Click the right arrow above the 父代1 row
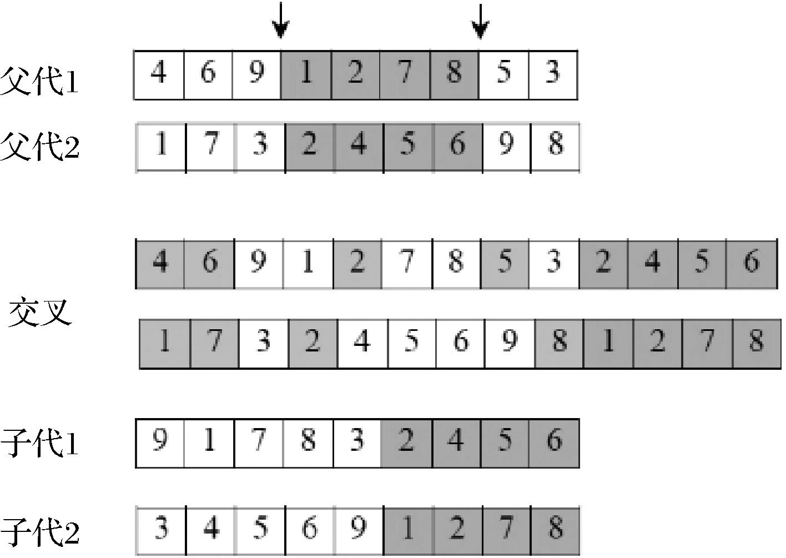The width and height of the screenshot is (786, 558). pos(480,21)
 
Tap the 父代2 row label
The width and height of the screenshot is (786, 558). pos(39,147)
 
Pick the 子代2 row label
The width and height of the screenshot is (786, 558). pos(39,532)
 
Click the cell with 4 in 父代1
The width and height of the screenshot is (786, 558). pos(159,75)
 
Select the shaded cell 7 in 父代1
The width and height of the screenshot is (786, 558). pos(405,75)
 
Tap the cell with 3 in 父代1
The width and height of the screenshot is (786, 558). pos(553,75)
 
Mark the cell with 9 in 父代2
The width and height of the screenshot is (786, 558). pos(507,147)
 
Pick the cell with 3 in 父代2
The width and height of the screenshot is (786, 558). pos(260,147)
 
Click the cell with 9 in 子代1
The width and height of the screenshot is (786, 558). pos(160,443)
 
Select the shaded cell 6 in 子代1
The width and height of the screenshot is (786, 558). pos(554,443)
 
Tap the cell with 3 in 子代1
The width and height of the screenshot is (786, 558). pos(357,443)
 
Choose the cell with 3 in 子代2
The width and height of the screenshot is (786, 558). pos(161,531)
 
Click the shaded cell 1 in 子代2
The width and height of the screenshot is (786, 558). pos(408,531)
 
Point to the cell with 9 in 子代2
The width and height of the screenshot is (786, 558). pos(359,531)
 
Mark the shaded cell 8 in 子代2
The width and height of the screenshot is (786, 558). pos(555,531)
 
